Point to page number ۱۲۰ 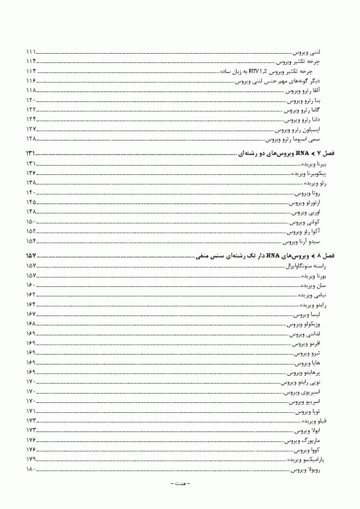point(31,100)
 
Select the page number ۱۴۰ point(31,192)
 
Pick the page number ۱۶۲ point(31,294)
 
